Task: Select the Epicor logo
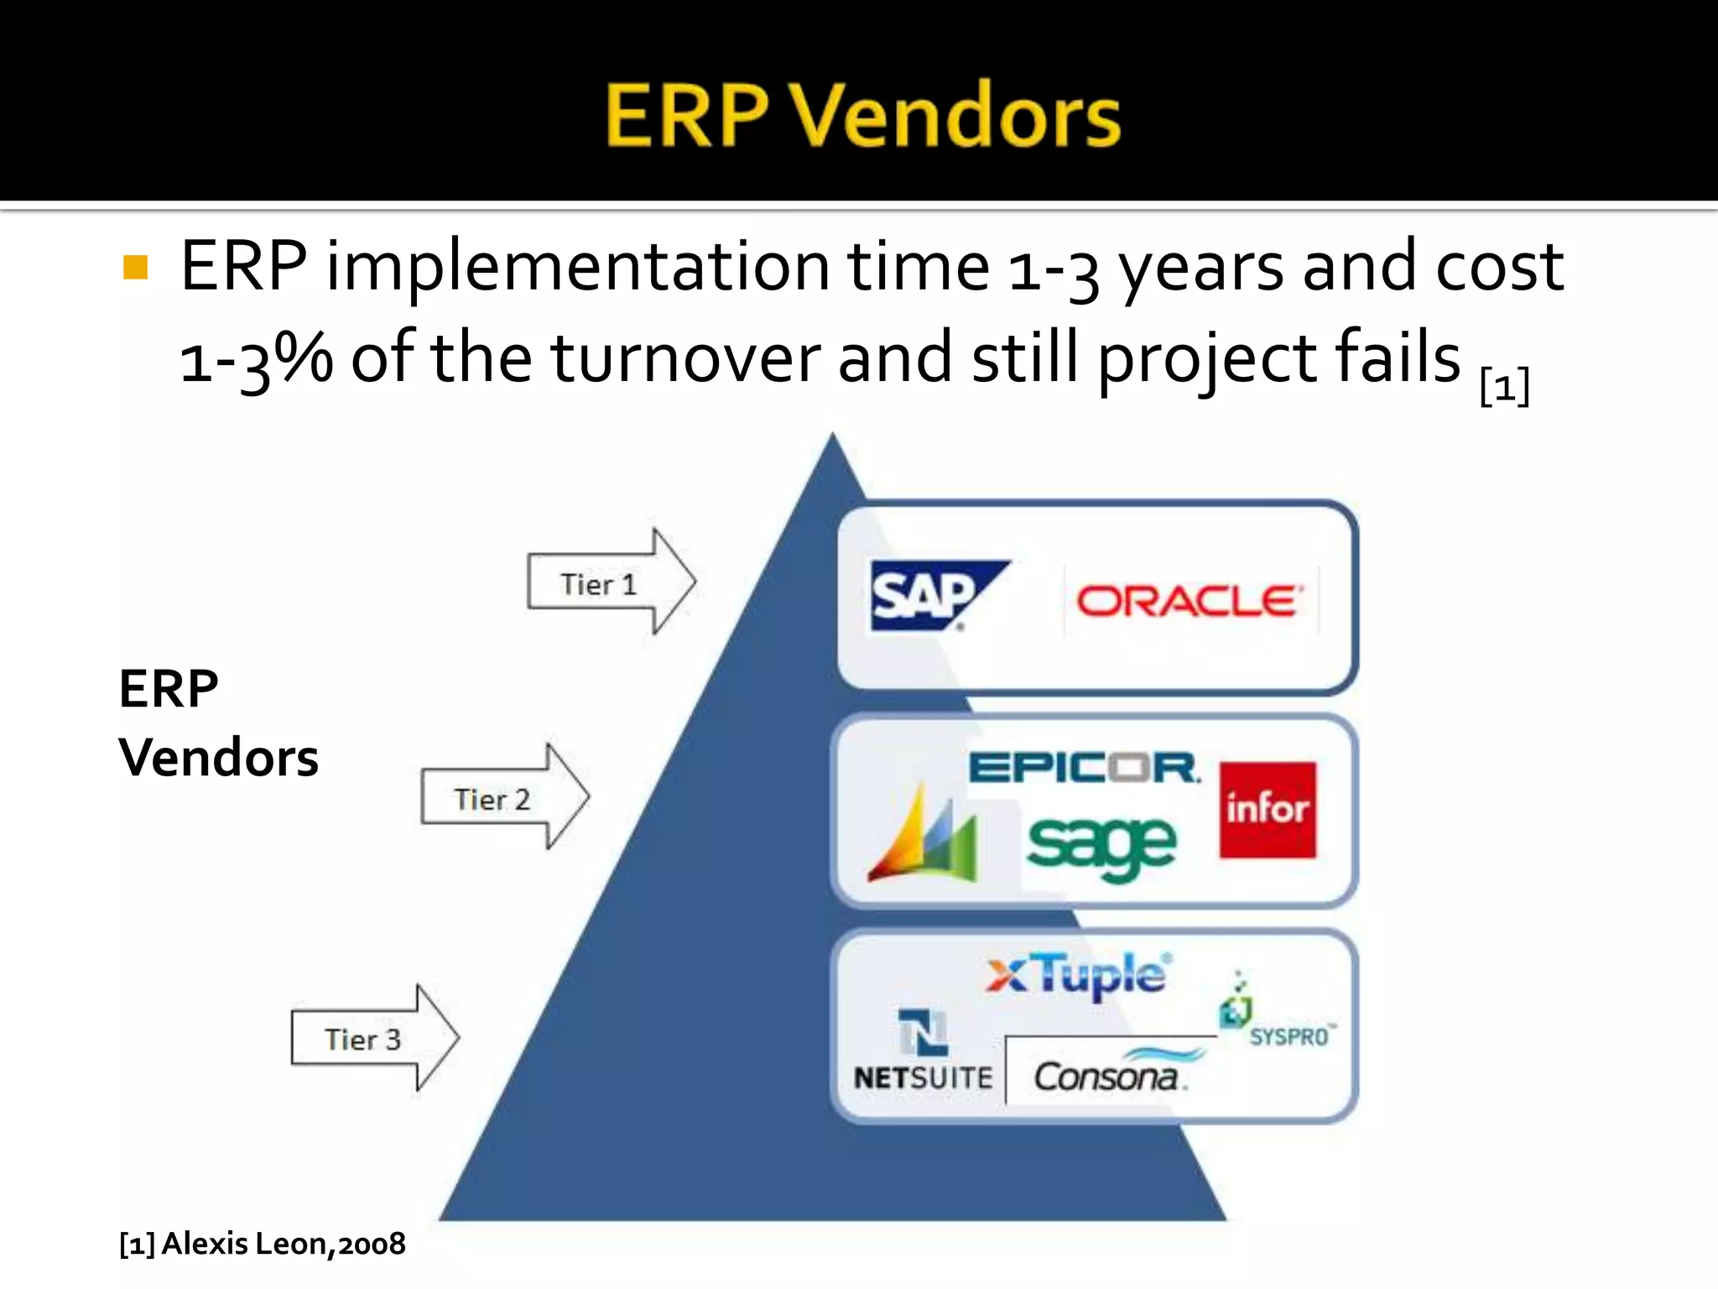(x=1084, y=767)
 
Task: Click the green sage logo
(x=1101, y=846)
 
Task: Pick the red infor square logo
(x=1268, y=810)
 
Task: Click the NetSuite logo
(x=923, y=1051)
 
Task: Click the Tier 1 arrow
(x=610, y=582)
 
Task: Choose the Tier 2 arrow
(x=503, y=797)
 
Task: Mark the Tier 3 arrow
(x=373, y=1038)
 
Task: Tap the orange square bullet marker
(x=135, y=268)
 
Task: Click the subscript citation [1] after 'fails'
(x=1505, y=387)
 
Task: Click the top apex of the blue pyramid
(x=832, y=438)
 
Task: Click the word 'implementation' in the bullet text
(x=577, y=268)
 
